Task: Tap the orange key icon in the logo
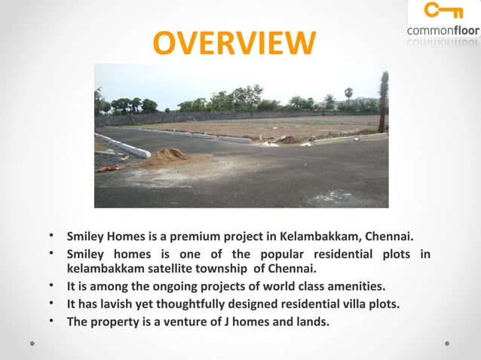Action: click(442, 11)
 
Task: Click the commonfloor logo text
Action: click(443, 30)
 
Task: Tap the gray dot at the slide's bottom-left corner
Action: click(32, 342)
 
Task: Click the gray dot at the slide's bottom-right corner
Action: click(447, 342)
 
